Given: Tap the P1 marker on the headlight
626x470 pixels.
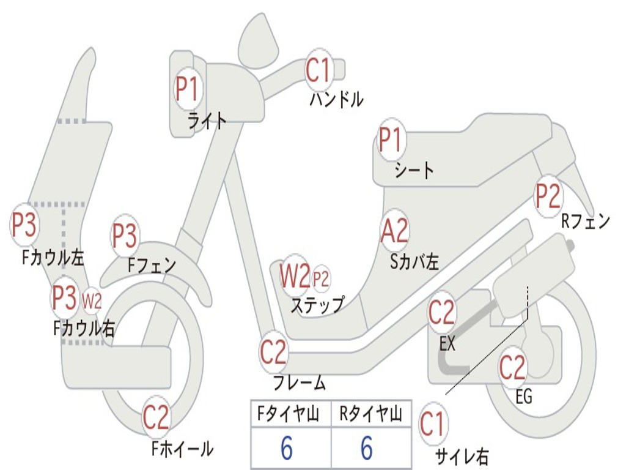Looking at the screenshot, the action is pyautogui.click(x=187, y=89).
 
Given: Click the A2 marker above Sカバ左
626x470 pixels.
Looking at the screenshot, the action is pyautogui.click(x=394, y=231).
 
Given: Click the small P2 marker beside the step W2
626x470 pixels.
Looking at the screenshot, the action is pyautogui.click(x=321, y=279).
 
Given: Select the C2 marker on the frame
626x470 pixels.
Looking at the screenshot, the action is pyautogui.click(x=273, y=352).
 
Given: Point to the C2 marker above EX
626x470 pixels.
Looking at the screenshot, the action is pyautogui.click(x=441, y=313).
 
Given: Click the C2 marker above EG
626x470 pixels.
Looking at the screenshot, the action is pyautogui.click(x=512, y=367).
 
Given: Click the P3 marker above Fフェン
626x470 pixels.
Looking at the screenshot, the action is pyautogui.click(x=125, y=235).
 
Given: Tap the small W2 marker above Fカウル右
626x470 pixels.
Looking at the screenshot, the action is pyautogui.click(x=92, y=300).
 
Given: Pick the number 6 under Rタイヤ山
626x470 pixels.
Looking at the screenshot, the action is pyautogui.click(x=367, y=449).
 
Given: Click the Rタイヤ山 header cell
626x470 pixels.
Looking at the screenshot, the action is pyautogui.click(x=370, y=415).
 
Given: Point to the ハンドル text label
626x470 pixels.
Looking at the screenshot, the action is pyautogui.click(x=336, y=99).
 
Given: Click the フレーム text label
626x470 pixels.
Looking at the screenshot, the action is pyautogui.click(x=299, y=384).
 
